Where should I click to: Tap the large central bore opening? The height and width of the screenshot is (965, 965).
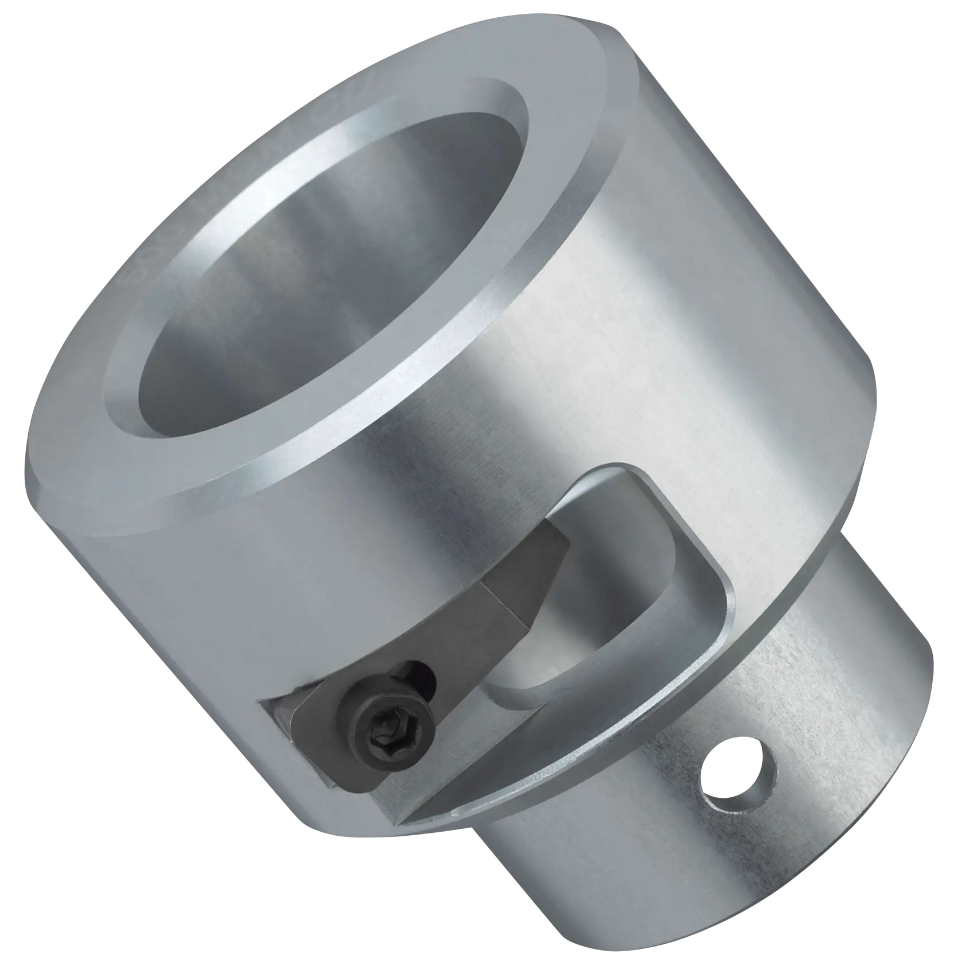(x=327, y=276)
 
